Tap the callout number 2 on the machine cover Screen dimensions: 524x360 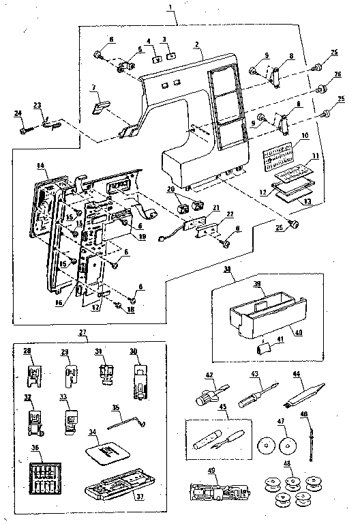[197, 45]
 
